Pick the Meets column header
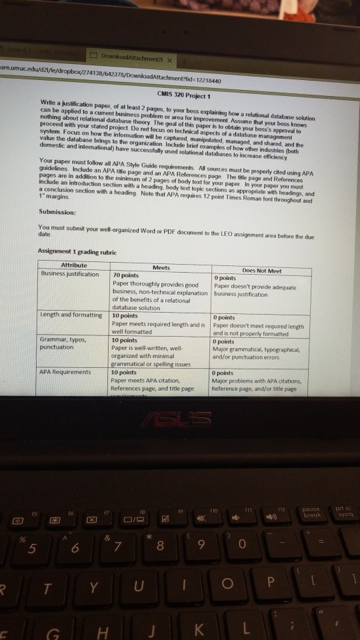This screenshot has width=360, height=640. [161, 267]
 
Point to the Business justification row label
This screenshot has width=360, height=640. [70, 273]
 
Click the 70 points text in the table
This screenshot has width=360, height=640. [127, 275]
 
